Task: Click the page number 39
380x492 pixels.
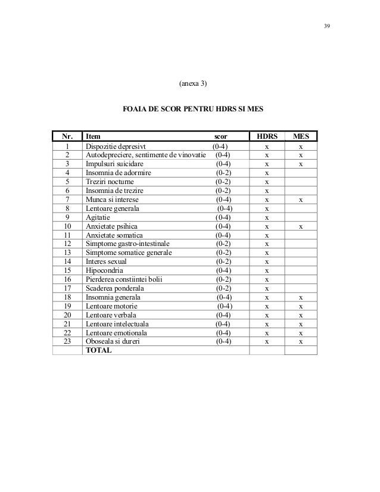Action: point(326,26)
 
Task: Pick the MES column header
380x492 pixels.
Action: point(301,136)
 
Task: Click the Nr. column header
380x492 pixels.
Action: point(67,136)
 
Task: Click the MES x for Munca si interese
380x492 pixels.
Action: point(301,200)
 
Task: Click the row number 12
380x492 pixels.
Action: point(67,244)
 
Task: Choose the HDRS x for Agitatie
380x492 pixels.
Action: point(267,217)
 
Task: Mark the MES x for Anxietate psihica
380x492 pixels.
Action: point(301,226)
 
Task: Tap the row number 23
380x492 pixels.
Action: point(67,342)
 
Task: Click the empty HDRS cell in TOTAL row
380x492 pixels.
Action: point(267,351)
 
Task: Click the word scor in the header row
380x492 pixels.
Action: point(220,136)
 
